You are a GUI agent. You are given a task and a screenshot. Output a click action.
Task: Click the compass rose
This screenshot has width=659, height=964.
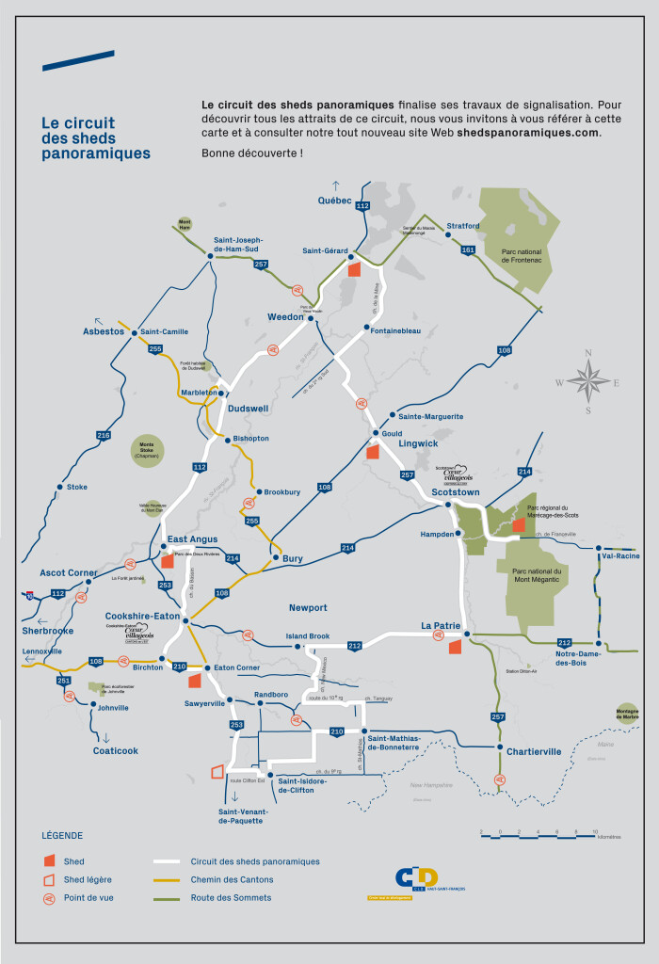[x=587, y=382]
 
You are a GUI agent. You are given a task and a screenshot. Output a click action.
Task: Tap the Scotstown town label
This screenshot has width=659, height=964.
[x=456, y=491]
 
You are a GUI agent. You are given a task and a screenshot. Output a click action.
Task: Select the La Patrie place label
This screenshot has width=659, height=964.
[x=440, y=625]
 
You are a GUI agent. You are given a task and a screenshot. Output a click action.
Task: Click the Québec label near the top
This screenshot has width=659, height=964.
[x=334, y=201]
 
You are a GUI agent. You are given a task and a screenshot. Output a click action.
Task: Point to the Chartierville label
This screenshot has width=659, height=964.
[x=534, y=751]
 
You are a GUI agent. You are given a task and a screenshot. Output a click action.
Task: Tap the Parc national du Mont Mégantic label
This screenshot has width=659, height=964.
[x=537, y=575]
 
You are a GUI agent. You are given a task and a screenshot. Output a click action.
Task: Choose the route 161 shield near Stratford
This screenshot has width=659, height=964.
[x=468, y=250]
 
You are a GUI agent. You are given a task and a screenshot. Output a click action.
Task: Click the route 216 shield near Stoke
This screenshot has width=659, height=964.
[x=104, y=435]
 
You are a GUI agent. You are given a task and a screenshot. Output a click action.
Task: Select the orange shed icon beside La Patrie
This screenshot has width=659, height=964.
[x=455, y=646]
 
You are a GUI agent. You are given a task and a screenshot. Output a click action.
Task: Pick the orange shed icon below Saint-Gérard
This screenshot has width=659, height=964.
[x=355, y=268]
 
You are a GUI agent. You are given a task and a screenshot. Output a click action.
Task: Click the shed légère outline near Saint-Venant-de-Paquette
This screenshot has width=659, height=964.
[x=218, y=772]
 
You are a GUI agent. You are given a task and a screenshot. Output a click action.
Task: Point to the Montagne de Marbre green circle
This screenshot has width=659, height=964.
[x=628, y=714]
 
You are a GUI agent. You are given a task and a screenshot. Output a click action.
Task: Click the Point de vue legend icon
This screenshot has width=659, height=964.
[x=48, y=898]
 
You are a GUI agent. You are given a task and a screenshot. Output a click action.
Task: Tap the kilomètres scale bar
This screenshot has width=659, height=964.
[x=538, y=833]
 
